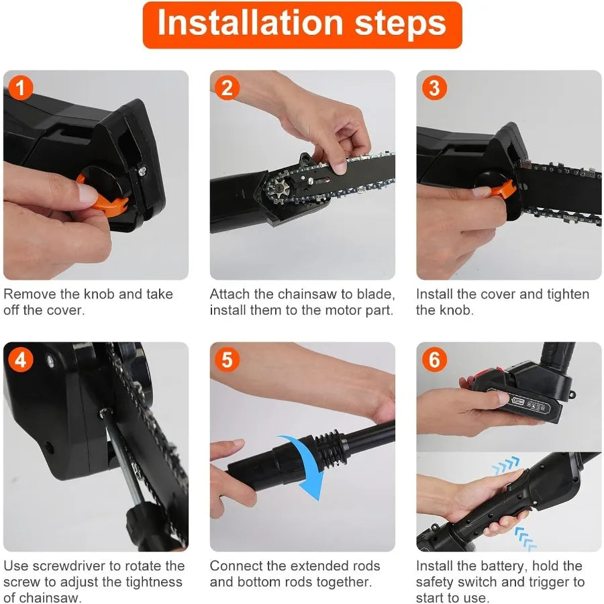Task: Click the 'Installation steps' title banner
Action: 302,24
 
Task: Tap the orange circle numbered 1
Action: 21,88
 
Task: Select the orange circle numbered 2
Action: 227,88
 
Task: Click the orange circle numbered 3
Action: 434,88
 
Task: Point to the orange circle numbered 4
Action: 20,360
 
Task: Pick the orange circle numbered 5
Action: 227,360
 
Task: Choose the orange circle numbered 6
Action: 434,360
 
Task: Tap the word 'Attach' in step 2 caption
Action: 229,294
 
